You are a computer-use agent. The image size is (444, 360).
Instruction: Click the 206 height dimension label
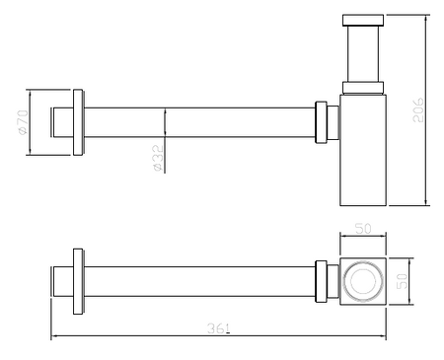coord(418,109)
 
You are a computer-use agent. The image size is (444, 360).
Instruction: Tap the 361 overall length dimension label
coord(218,328)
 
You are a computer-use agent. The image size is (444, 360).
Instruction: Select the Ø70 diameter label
coord(23,122)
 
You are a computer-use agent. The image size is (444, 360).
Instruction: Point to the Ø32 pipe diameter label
coord(158,158)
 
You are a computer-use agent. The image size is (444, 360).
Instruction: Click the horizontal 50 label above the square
coord(363,229)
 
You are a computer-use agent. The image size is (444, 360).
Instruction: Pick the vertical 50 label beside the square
coord(402,281)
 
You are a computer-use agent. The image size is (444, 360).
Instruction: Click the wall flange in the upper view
coord(78,122)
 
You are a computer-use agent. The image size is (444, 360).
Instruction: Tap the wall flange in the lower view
coord(78,281)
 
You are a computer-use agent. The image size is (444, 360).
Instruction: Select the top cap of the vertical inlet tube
coord(363,20)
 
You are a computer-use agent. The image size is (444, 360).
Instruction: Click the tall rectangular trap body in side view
coord(363,150)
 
